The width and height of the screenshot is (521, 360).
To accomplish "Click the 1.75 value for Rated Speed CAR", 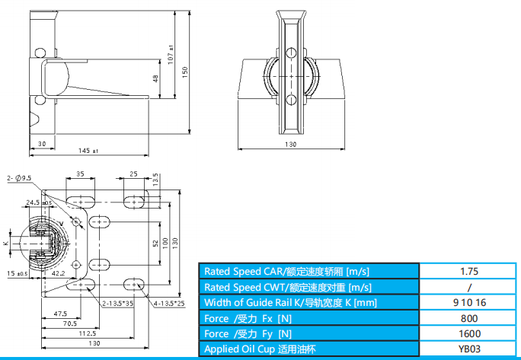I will pyautogui.click(x=468, y=271).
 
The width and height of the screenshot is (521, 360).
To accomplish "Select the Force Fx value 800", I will pyautogui.click(x=468, y=317).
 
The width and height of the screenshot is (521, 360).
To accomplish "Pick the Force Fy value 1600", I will pyautogui.click(x=468, y=333).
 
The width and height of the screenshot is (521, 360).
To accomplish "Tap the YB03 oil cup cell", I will pyautogui.click(x=468, y=349).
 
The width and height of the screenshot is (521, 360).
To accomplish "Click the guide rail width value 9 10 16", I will pyautogui.click(x=468, y=302).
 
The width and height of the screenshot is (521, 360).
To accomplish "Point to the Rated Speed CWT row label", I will pyautogui.click(x=287, y=287).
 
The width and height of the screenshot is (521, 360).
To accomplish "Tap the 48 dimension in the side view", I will pyautogui.click(x=155, y=78).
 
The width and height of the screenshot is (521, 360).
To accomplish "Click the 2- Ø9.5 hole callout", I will pyautogui.click(x=19, y=178).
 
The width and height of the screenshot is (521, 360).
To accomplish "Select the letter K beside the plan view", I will pyautogui.click(x=5, y=242).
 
